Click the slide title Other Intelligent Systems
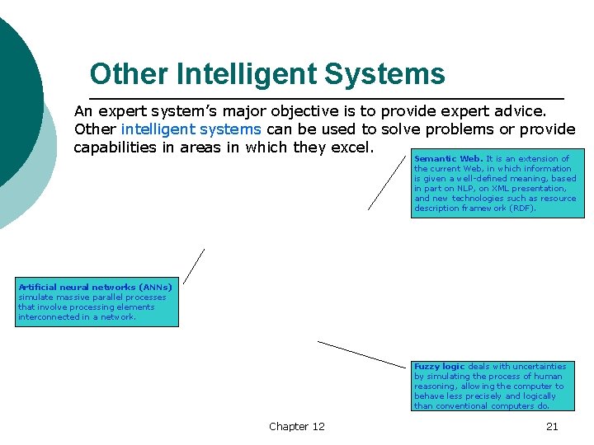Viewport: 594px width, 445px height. [267, 74]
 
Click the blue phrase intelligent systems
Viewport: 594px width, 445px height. [191, 129]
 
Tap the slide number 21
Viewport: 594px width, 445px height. [552, 426]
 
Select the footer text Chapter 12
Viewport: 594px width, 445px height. [297, 426]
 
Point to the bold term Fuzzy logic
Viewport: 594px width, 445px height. [439, 367]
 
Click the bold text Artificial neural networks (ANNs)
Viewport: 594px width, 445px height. [95, 288]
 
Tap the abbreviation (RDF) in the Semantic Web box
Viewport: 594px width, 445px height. [522, 208]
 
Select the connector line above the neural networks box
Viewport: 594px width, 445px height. [194, 266]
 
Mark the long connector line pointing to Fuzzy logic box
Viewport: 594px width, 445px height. [362, 354]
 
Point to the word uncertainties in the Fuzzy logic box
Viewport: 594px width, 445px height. [535, 367]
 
